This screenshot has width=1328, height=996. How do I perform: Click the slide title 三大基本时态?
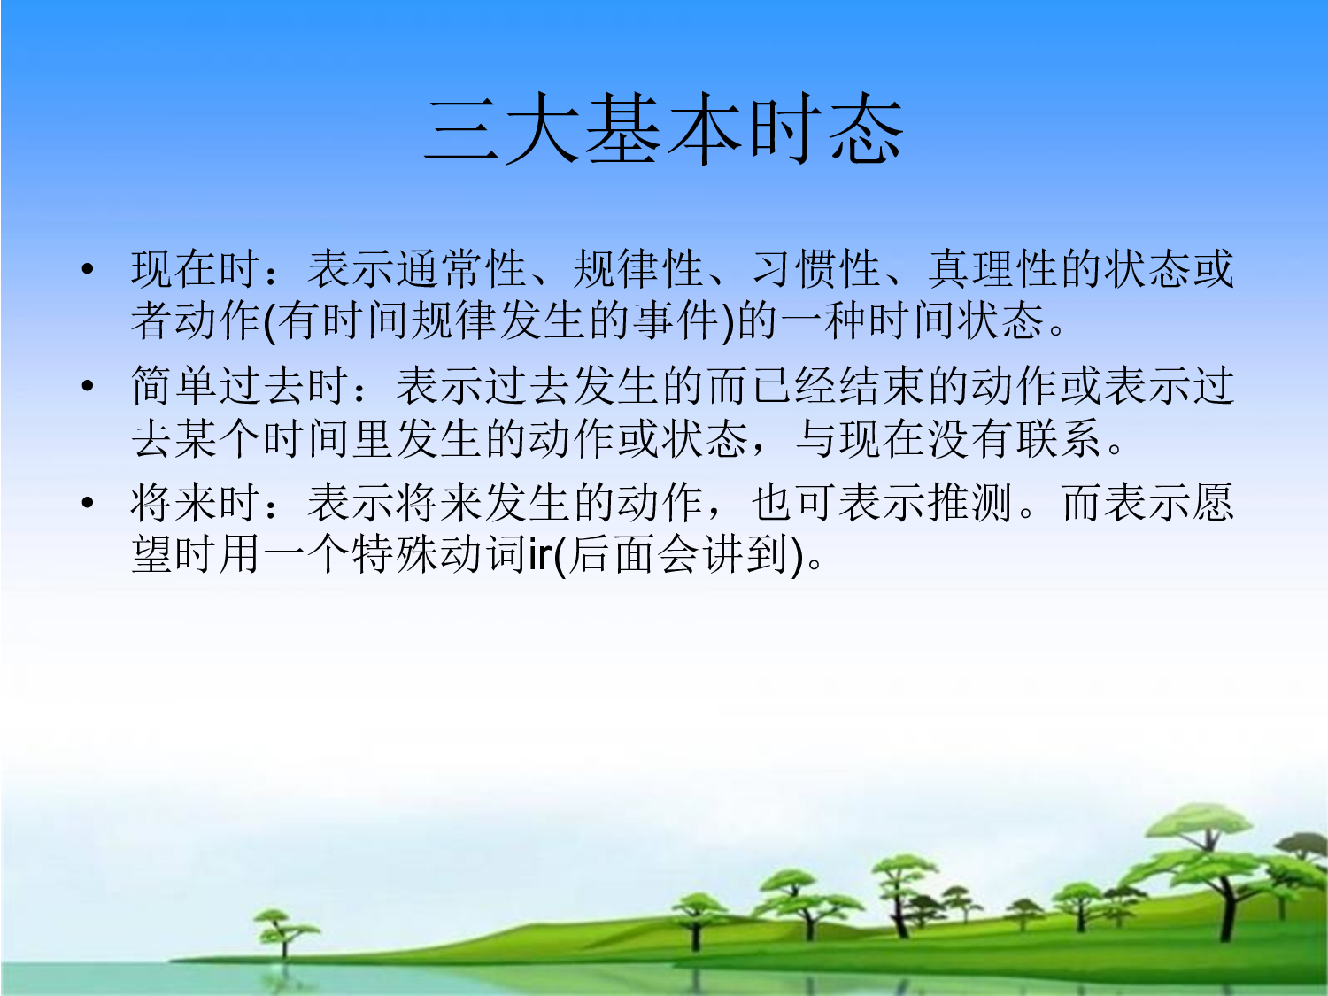(x=664, y=131)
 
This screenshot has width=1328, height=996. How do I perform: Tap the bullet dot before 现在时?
(x=87, y=270)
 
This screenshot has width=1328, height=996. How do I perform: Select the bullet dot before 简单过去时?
(x=87, y=387)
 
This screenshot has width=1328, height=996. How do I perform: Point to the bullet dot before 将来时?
(x=87, y=504)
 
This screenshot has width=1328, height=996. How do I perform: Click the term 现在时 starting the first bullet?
(x=196, y=269)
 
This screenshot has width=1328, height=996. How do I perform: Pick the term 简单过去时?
(x=240, y=386)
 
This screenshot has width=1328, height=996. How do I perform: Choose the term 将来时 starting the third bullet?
(x=196, y=503)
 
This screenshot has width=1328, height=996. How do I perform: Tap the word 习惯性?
(x=816, y=269)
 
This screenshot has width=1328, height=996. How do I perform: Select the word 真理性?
(x=993, y=269)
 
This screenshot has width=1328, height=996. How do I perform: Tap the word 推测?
(x=970, y=503)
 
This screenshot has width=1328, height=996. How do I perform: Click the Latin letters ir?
(x=540, y=556)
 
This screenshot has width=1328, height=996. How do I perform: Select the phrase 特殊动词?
(x=439, y=554)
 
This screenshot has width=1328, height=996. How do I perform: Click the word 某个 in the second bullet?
(x=218, y=437)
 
